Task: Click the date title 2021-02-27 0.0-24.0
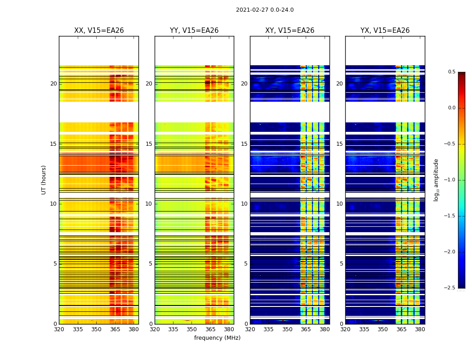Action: coord(265,10)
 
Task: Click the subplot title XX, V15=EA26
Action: coord(99,31)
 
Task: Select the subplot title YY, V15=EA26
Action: coord(194,31)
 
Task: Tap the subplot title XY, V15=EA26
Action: coord(289,31)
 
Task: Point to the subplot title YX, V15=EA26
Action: coord(385,31)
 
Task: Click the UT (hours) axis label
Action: coord(44,180)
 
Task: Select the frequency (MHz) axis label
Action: coord(217,338)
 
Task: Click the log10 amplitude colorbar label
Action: coord(436,180)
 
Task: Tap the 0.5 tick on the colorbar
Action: coord(451,72)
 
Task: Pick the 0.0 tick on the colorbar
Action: coord(451,108)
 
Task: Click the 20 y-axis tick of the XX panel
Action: coord(53,84)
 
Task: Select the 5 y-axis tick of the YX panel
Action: coord(341,264)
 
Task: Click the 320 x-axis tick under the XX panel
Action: coord(59,329)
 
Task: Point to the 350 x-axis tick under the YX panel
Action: coord(383,329)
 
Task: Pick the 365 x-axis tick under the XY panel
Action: coord(306,329)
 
